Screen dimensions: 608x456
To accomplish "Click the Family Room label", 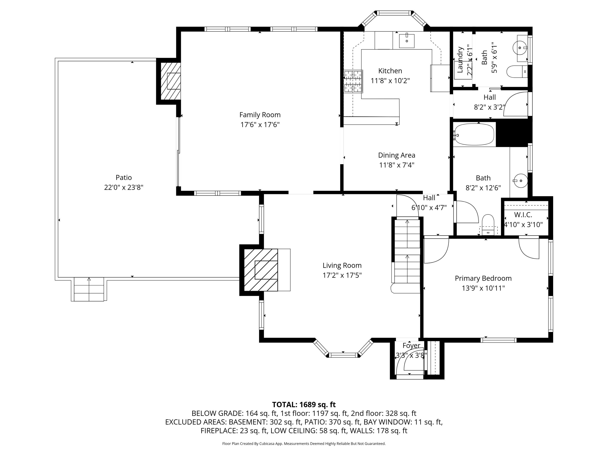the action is [x=260, y=115].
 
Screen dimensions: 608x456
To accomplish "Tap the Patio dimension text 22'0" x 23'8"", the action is [x=124, y=187].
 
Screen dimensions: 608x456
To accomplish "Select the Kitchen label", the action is [x=390, y=71].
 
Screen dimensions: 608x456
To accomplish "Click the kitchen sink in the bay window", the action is [x=407, y=41].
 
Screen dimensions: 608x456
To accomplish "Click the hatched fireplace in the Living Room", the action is [x=261, y=270].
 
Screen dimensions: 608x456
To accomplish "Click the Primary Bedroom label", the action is [x=483, y=278].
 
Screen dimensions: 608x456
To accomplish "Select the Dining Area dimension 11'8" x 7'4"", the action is [x=397, y=165].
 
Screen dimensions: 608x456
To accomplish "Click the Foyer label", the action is [x=411, y=346].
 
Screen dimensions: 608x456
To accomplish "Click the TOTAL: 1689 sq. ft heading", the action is [x=304, y=404].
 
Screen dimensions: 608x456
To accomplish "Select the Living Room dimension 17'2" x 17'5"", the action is [x=342, y=275].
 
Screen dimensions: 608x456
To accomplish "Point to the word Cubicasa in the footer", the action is [x=266, y=443].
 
